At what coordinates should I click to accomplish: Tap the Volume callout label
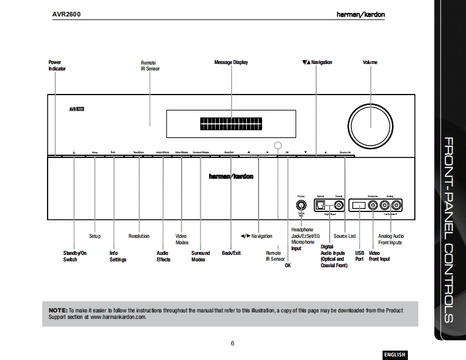pyautogui.click(x=370, y=62)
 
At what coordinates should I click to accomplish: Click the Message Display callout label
pyautogui.click(x=231, y=62)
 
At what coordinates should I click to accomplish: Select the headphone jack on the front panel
pyautogui.click(x=301, y=206)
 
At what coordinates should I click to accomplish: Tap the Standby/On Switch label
pyautogui.click(x=74, y=256)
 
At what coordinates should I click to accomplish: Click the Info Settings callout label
pyautogui.click(x=118, y=256)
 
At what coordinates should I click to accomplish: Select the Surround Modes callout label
pyautogui.click(x=200, y=256)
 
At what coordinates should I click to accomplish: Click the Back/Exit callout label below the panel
pyautogui.click(x=231, y=253)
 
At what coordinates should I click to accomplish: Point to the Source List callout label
pyautogui.click(x=344, y=236)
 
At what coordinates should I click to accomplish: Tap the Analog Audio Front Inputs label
pyautogui.click(x=391, y=239)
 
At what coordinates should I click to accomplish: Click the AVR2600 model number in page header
pyautogui.click(x=66, y=14)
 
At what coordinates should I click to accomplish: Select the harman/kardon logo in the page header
pyautogui.click(x=361, y=14)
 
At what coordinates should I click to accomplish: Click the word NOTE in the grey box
pyautogui.click(x=58, y=309)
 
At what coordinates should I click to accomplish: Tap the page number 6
pyautogui.click(x=233, y=343)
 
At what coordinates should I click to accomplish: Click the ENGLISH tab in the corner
pyautogui.click(x=395, y=354)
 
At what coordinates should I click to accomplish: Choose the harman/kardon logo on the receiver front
pyautogui.click(x=231, y=177)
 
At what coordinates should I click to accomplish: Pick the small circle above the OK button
pyautogui.click(x=279, y=145)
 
